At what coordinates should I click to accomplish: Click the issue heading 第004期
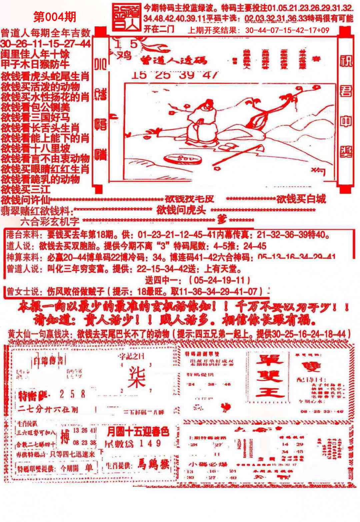pyautogui.click(x=55, y=16)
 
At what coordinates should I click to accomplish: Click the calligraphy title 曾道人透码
pyautogui.click(x=173, y=60)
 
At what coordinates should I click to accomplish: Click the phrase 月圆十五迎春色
pyautogui.click(x=138, y=432)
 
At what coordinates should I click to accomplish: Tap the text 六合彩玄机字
pyautogui.click(x=50, y=221)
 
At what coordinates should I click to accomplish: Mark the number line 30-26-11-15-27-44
pyautogui.click(x=46, y=43)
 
